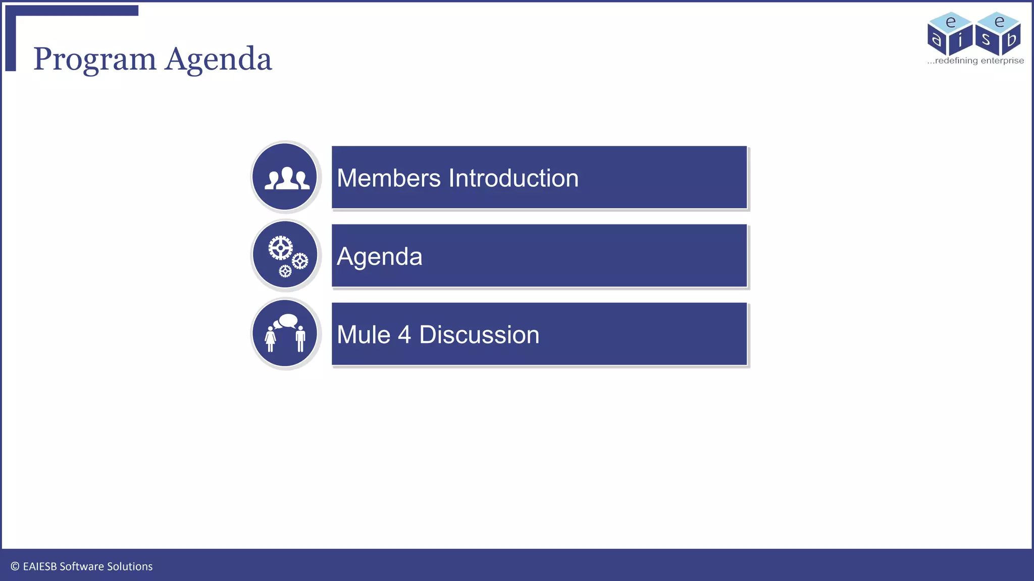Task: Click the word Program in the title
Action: [94, 60]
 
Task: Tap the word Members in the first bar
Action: [389, 178]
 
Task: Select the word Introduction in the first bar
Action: [513, 178]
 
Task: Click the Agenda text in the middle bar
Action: [379, 256]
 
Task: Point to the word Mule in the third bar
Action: [364, 335]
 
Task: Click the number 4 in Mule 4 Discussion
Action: [404, 335]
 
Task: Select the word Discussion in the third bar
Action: [479, 335]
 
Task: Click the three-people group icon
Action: [286, 178]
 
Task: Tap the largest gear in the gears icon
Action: [280, 248]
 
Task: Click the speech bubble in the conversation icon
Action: [288, 320]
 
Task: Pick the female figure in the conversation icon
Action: [271, 338]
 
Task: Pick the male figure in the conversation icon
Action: [300, 338]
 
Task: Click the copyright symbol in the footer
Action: [15, 566]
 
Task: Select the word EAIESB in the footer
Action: [40, 566]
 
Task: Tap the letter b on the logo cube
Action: [1011, 39]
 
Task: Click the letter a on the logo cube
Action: [937, 39]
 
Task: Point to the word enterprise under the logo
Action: [1002, 61]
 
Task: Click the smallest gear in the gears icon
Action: [285, 271]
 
